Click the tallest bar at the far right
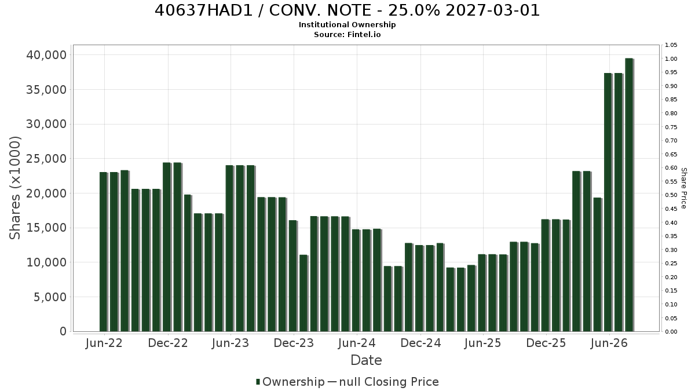[629, 195]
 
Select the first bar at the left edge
[104, 251]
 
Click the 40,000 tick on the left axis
[46, 55]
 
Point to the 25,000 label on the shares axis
[46, 159]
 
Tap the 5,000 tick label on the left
[50, 297]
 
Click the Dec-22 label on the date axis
[168, 343]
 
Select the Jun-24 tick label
[357, 343]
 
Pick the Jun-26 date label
[609, 343]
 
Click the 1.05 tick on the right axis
[671, 45]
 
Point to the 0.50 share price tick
[671, 195]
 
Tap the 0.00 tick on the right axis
[671, 332]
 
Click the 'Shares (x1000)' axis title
[14, 188]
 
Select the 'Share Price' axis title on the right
[683, 188]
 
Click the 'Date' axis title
[366, 360]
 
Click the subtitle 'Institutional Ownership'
[347, 25]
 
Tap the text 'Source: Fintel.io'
[347, 34]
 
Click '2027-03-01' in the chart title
[493, 10]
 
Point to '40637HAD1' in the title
[203, 10]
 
